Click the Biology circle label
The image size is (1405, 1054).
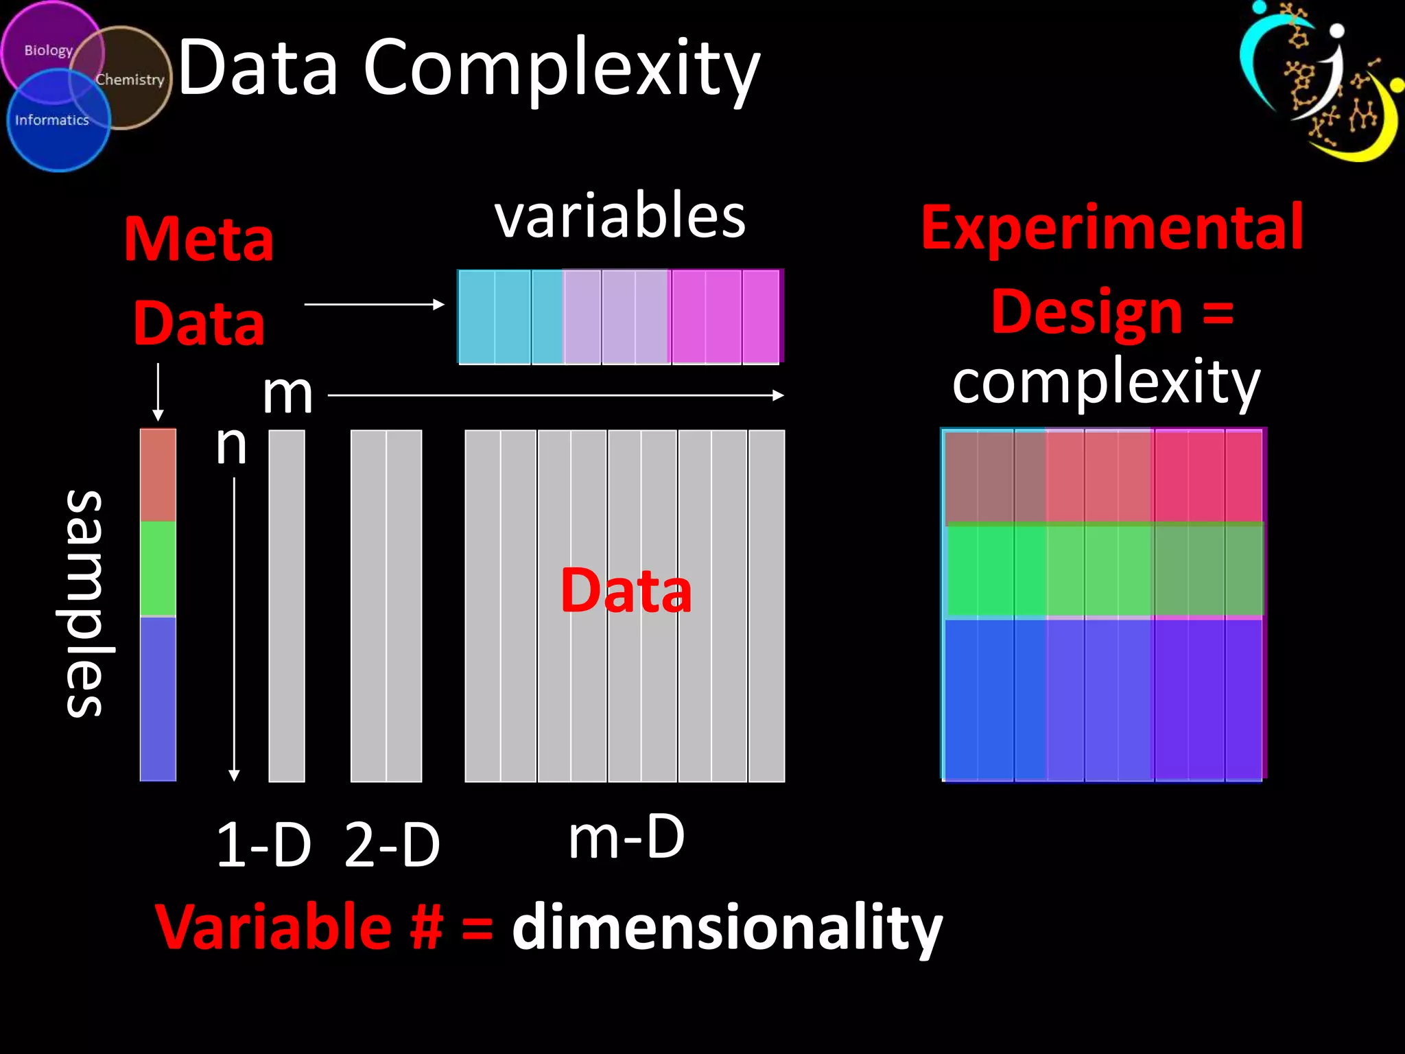pyautogui.click(x=48, y=51)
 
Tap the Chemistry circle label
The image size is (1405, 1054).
pyautogui.click(x=130, y=80)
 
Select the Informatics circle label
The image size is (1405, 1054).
pyautogui.click(x=52, y=120)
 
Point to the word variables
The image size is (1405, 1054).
pyautogui.click(x=619, y=216)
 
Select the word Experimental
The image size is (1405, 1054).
pyautogui.click(x=1111, y=228)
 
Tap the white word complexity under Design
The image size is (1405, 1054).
pyautogui.click(x=1106, y=382)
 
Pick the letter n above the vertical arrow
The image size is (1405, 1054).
pyautogui.click(x=231, y=445)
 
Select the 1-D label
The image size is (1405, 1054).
pyautogui.click(x=263, y=845)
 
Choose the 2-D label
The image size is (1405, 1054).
pyautogui.click(x=392, y=845)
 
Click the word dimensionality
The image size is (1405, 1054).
pyautogui.click(x=727, y=928)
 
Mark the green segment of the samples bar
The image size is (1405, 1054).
pyautogui.click(x=158, y=568)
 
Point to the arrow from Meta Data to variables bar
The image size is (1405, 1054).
pyautogui.click(x=374, y=304)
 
